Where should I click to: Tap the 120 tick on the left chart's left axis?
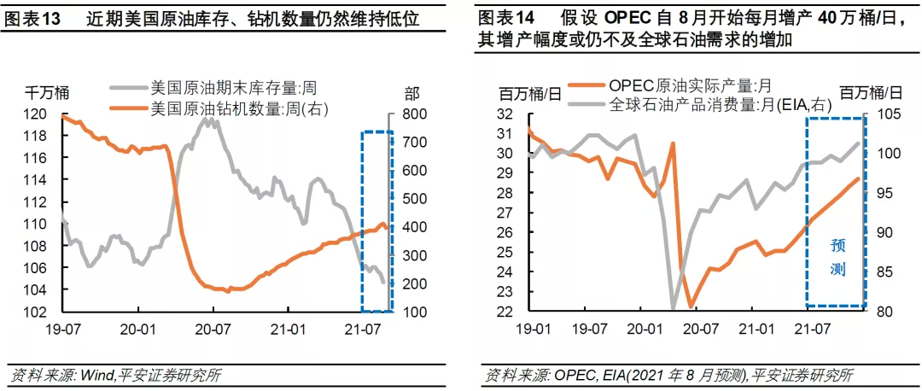click(37, 114)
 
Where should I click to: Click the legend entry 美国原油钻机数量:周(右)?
click(239, 108)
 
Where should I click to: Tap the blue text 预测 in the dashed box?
click(837, 257)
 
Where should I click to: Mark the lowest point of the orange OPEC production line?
click(690, 305)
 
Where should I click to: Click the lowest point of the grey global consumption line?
click(673, 307)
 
